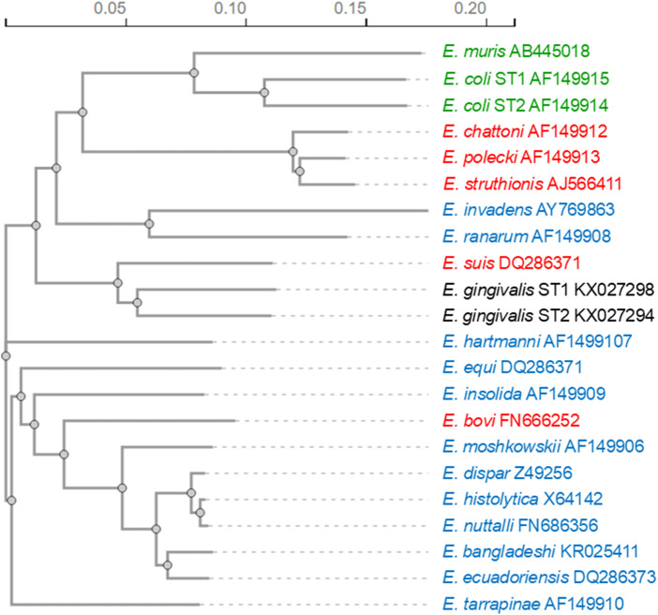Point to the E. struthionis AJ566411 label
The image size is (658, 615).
[x=534, y=182]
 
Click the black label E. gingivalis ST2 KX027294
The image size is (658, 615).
[x=547, y=314]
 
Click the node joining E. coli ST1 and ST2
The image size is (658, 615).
[x=264, y=92]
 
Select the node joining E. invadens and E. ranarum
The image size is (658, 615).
[x=149, y=223]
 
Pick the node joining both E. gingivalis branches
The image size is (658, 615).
[x=137, y=303]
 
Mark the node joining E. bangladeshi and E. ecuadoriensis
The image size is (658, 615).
[x=168, y=564]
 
